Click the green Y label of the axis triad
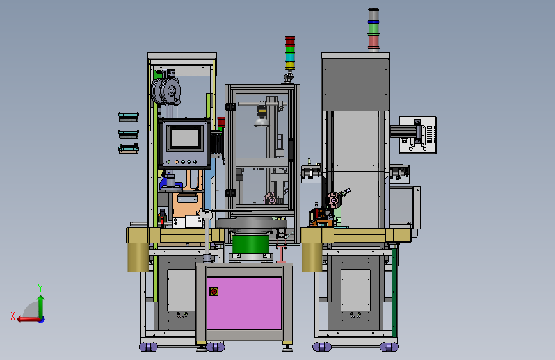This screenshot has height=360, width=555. (x=40, y=288)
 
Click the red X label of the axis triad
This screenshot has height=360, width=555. (x=13, y=316)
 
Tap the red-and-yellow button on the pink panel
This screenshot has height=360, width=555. (x=214, y=291)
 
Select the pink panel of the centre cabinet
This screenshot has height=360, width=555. (x=245, y=303)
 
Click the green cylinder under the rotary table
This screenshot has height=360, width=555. (x=251, y=244)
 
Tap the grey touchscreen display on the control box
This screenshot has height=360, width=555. (x=186, y=138)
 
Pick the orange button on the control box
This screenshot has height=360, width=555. (x=177, y=162)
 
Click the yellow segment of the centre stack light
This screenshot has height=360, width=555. (x=290, y=65)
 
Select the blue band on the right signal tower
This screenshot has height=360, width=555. (x=373, y=22)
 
